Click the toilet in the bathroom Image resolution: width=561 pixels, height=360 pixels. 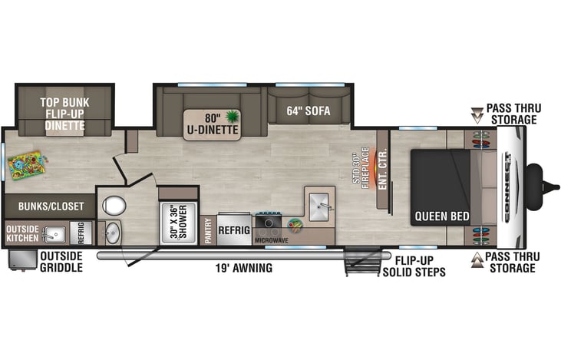(114, 206)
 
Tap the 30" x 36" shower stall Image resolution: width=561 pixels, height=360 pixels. (179, 223)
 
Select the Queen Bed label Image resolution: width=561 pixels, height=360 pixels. (442, 216)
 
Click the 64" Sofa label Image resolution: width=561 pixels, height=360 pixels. (308, 111)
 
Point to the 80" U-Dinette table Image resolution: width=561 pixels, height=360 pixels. (212, 124)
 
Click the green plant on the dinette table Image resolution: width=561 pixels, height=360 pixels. (233, 117)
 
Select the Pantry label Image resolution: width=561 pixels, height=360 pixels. (208, 230)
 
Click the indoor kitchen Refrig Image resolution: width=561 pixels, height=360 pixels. (234, 229)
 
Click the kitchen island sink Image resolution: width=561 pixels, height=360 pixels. (318, 206)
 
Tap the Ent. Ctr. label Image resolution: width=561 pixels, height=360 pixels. (382, 169)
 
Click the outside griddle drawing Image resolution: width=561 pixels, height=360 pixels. (22, 260)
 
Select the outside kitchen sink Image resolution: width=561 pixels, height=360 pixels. (54, 234)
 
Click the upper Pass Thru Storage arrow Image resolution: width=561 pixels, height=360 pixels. (477, 115)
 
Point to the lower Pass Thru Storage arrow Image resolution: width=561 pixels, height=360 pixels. (477, 260)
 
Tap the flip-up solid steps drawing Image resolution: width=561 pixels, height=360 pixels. (362, 261)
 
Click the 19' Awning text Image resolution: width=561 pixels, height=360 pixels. (243, 268)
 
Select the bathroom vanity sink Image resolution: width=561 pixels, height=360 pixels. (112, 233)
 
